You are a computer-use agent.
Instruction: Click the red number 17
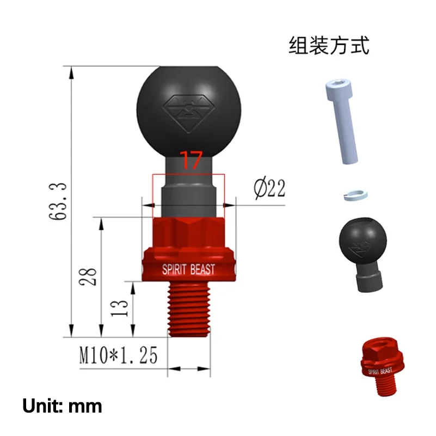(191, 160)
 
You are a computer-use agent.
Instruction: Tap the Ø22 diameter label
(269, 188)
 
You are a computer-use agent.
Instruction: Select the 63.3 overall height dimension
(58, 201)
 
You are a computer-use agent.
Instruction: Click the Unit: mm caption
(62, 406)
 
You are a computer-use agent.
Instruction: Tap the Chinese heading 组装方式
(328, 46)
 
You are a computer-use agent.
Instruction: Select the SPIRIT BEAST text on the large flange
(188, 269)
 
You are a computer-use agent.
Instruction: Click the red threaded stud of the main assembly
(189, 310)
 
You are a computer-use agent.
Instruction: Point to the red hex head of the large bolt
(188, 231)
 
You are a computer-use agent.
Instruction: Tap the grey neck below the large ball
(188, 188)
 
